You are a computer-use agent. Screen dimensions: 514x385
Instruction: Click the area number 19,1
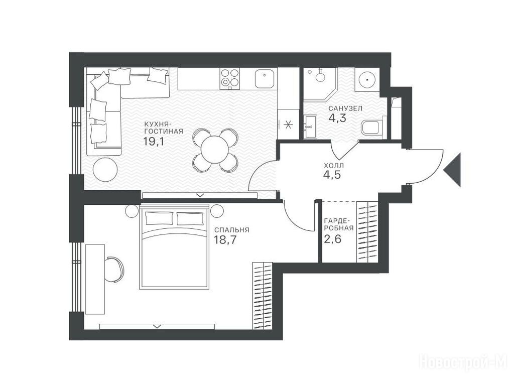pos(153,142)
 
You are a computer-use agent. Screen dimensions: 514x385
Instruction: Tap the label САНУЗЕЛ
pos(345,108)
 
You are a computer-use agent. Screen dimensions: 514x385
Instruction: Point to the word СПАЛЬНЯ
pos(232,230)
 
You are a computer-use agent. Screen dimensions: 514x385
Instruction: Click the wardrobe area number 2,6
pos(332,239)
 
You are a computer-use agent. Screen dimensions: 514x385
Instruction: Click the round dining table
pos(215,150)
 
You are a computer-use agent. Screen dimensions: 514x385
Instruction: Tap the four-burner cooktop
pos(230,78)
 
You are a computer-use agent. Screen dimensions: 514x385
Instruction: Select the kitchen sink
pos(264,79)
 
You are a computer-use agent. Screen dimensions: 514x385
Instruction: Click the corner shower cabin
pos(320,84)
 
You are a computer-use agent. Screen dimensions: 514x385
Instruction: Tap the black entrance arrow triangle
pos(452,170)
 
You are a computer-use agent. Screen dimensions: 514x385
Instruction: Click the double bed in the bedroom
pos(174,246)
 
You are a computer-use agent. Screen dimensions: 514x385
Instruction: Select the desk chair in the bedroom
pos(114,269)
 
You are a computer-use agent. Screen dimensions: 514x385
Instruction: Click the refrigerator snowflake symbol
pos(288,124)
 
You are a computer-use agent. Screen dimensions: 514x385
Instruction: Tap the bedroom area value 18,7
pos(225,240)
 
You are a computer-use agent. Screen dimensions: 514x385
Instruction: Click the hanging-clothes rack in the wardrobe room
pos(367,232)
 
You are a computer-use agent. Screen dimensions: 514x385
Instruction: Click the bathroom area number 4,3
pos(337,118)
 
